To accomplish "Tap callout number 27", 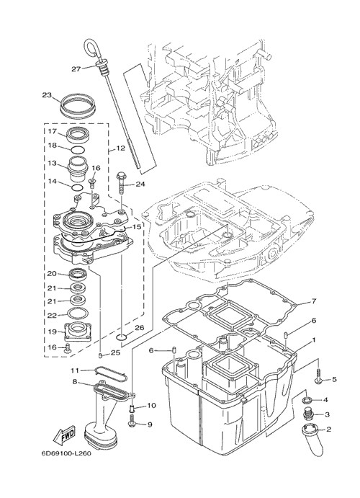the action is [x=76, y=68].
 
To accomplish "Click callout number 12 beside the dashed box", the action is [x=121, y=148].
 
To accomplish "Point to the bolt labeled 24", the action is [x=122, y=183].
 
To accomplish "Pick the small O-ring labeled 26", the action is [x=122, y=337].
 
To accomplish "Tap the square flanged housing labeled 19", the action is [x=78, y=332].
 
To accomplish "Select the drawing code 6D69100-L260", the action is [x=66, y=453].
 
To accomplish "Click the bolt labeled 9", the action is [x=132, y=422].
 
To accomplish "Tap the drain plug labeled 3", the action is [x=307, y=413].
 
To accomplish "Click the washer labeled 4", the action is [x=307, y=399].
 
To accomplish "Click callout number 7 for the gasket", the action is [x=313, y=301].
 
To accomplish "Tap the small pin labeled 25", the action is [x=101, y=355].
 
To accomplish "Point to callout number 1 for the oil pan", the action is [x=314, y=340].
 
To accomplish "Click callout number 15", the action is [x=136, y=227].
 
